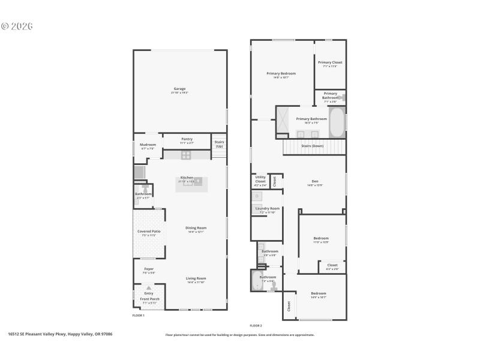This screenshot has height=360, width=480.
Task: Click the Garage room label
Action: (180, 89)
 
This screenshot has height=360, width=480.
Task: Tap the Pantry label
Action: (187, 139)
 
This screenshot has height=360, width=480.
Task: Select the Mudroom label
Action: (148, 145)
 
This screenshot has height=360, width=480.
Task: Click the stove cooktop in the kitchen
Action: (186, 155)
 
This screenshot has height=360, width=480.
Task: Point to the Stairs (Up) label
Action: (219, 144)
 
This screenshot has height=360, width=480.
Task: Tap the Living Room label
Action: (196, 278)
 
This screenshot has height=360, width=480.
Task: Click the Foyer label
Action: (148, 269)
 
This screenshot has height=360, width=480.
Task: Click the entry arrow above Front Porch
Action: (148, 288)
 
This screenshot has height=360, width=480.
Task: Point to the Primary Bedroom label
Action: (281, 73)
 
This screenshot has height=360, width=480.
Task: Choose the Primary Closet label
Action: (330, 62)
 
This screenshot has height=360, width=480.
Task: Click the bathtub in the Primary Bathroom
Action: (337, 122)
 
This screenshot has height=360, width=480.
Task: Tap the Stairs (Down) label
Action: (312, 146)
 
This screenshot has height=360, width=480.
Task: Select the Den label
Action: (315, 181)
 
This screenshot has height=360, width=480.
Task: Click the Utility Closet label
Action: (260, 178)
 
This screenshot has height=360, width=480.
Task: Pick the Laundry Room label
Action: (267, 208)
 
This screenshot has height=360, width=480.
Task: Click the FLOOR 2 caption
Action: (256, 325)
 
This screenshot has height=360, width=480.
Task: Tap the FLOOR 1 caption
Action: (139, 315)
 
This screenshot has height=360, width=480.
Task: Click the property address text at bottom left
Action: (60, 334)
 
